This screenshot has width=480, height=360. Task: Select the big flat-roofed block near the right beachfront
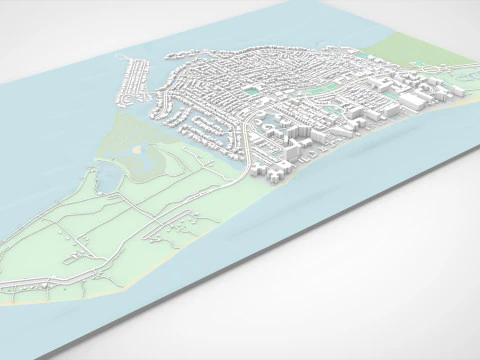coord(415,100)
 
